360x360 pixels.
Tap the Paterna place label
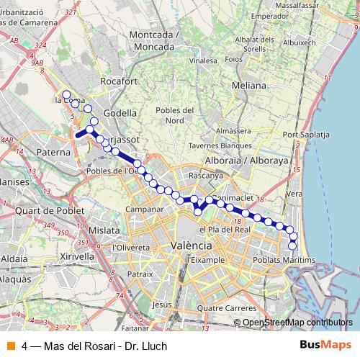(55, 153)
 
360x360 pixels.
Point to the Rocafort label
(119, 82)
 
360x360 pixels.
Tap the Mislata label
(105, 230)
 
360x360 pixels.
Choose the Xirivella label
(77, 256)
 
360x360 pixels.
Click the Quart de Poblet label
(48, 210)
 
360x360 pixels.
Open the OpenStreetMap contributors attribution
(297, 323)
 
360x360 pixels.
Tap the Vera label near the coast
(293, 194)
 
